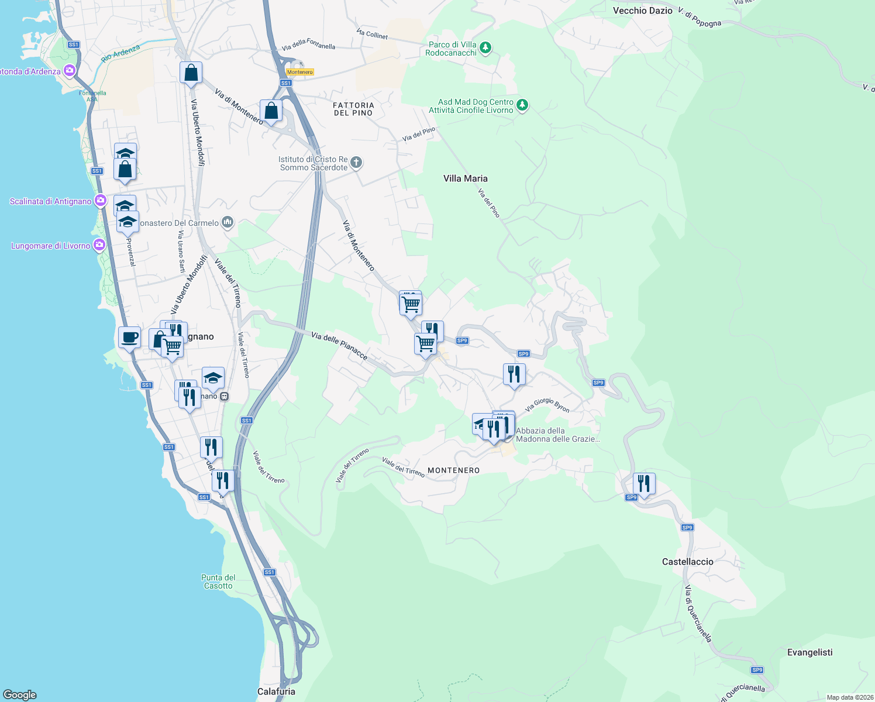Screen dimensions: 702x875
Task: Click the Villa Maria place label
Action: pyautogui.click(x=465, y=178)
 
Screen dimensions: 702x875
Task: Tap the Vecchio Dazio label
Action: pyautogui.click(x=642, y=11)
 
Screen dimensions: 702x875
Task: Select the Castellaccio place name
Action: pyautogui.click(x=687, y=562)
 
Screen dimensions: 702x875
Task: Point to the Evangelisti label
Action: pyautogui.click(x=809, y=652)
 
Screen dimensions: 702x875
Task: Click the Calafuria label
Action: pyautogui.click(x=276, y=691)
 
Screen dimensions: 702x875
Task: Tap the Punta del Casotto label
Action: pyautogui.click(x=218, y=581)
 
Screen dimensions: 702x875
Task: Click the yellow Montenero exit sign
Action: pyautogui.click(x=300, y=72)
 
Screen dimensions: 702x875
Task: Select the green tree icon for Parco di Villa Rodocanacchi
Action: pyautogui.click(x=485, y=47)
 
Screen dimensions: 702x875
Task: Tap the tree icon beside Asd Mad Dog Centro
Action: pyautogui.click(x=522, y=105)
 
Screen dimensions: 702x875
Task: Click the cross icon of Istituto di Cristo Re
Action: pyautogui.click(x=356, y=162)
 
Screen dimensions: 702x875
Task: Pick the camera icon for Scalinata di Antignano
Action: pyautogui.click(x=100, y=201)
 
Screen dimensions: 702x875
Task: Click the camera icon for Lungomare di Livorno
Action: pyautogui.click(x=99, y=245)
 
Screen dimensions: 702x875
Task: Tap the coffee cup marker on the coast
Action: pyautogui.click(x=129, y=338)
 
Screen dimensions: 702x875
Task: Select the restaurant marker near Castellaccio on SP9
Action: pyautogui.click(x=643, y=484)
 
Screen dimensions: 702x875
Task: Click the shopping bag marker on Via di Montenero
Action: pyautogui.click(x=271, y=110)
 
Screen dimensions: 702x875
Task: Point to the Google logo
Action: pyautogui.click(x=20, y=695)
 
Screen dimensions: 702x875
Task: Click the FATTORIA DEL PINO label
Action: pyautogui.click(x=353, y=109)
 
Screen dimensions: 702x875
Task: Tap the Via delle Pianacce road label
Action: pyautogui.click(x=339, y=346)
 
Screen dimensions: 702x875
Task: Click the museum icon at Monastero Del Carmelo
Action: pyautogui.click(x=228, y=222)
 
